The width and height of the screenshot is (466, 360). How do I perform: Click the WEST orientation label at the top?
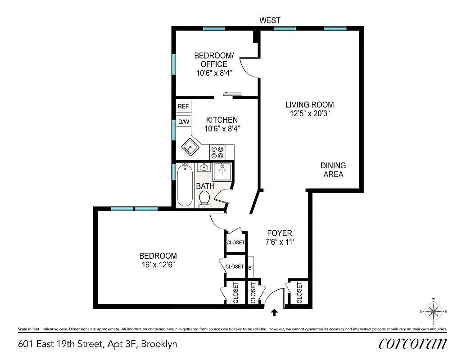coord(270,20)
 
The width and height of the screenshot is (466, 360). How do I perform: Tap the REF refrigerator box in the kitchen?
coord(183,107)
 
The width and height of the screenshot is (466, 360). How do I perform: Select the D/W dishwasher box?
coord(183,122)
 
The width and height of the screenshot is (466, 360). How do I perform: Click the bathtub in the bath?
coord(185,185)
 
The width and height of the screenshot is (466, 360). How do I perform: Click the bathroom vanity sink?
coord(204,167)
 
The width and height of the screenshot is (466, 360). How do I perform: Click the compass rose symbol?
coord(433,311)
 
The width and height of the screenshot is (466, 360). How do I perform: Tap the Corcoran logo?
coord(413,343)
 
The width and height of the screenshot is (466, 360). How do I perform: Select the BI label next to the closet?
coord(251,267)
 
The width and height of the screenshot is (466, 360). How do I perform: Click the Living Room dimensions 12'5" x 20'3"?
coord(310,114)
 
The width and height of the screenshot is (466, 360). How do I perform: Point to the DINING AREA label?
coord(333,170)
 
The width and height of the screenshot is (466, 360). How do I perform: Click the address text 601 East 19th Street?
coord(97,344)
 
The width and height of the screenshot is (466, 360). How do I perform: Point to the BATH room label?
coord(205,186)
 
